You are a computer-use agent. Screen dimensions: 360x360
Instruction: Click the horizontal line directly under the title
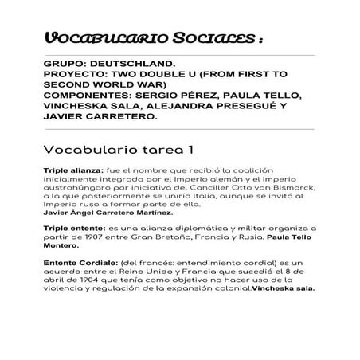pyautogui.click(x=179, y=55)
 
